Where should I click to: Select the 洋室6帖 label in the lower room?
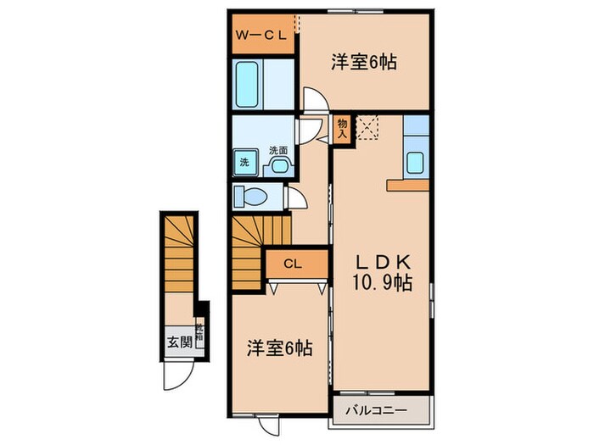(x=279, y=348)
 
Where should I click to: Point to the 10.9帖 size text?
(x=383, y=284)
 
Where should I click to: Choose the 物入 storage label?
(x=342, y=128)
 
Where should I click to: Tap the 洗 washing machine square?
(x=244, y=162)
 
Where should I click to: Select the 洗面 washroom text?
(x=277, y=150)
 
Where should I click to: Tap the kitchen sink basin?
(x=416, y=162)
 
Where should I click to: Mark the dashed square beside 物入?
(x=368, y=128)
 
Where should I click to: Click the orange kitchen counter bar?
(x=408, y=184)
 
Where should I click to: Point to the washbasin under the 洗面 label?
(x=277, y=165)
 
